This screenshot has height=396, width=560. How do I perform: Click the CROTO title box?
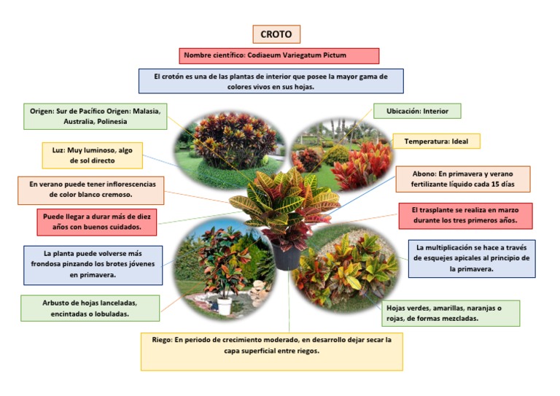pos(276,34)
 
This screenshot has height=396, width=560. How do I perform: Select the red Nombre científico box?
pos(279,55)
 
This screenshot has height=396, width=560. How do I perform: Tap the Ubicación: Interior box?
pos(417,111)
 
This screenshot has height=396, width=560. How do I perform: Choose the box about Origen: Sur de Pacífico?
pos(96,116)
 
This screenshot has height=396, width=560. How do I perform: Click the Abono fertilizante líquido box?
pos(462,179)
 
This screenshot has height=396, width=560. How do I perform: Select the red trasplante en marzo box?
pos(465,215)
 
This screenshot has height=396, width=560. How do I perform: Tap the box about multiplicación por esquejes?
pos(471,258)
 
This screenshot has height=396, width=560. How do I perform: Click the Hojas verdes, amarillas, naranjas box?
pos(451,313)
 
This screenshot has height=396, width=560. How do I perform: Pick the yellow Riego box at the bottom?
pos(271,351)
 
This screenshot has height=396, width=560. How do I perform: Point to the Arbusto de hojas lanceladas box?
pos(90,308)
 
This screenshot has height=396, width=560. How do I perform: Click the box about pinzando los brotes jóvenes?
pos(93,264)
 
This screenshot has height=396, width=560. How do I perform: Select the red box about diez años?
pos(97,222)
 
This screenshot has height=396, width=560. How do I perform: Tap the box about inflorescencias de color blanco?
pos(91,190)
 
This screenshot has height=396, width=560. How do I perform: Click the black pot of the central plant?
pos(285,256)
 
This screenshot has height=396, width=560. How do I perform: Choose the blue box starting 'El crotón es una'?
pos(271,81)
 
